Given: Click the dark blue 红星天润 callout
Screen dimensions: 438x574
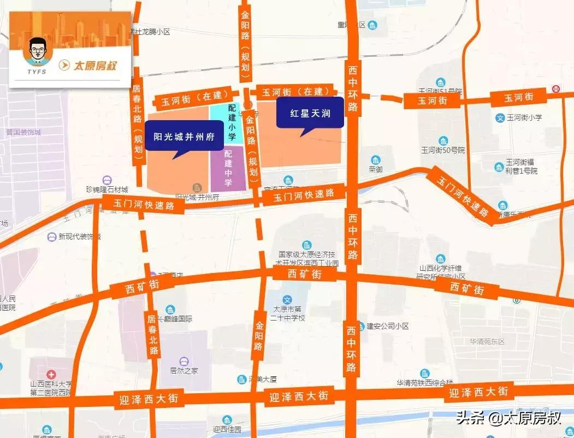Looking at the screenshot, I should (x=310, y=113).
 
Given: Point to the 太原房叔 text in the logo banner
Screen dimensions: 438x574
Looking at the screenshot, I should (x=96, y=66).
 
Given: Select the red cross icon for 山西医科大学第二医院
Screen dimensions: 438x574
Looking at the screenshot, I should (x=51, y=375).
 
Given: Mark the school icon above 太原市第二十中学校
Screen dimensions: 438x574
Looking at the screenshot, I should (x=288, y=299).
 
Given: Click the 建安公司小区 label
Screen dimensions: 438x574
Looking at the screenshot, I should (x=387, y=326).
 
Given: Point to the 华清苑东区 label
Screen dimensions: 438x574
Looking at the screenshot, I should (x=488, y=341).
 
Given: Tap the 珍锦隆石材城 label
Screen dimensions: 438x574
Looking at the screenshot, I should (x=106, y=190).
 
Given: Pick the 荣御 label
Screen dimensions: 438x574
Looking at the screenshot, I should (x=375, y=169).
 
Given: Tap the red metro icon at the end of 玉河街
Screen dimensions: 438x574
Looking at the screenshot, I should (x=556, y=88).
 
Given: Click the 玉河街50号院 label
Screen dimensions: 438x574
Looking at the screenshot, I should (x=442, y=150).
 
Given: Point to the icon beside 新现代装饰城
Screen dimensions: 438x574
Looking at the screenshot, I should (x=51, y=237).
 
